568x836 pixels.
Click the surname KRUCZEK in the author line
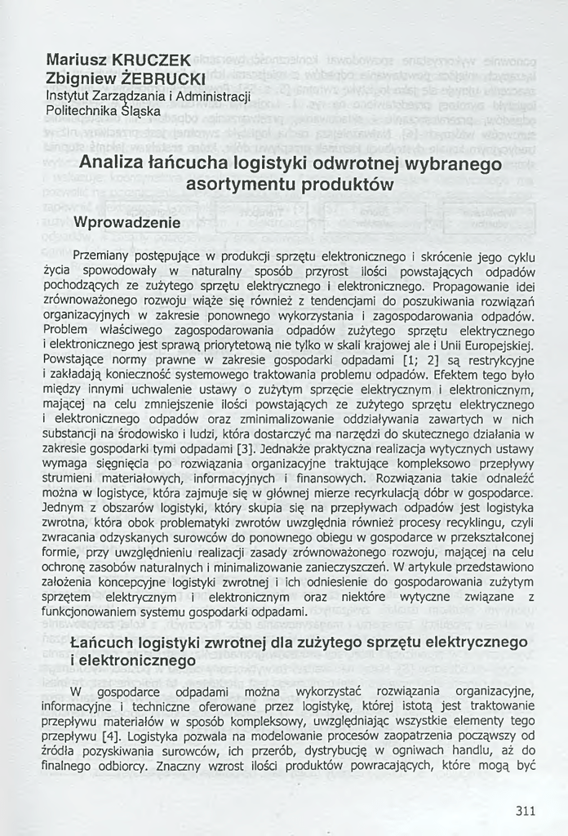click(153, 60)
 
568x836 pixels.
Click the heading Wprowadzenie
click(126, 222)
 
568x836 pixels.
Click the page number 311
click(526, 811)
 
